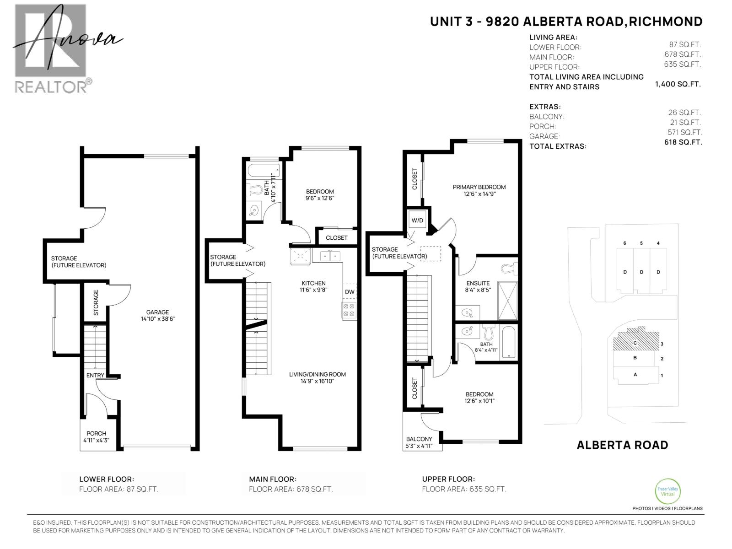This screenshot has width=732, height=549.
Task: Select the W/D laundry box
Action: pos(417,220)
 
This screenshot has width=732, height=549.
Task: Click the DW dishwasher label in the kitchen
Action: pos(350,292)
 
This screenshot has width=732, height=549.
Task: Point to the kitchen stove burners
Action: pos(349,310)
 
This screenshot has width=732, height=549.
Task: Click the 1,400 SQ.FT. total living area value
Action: pos(678,84)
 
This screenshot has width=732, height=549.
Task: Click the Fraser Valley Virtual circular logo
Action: pos(667,492)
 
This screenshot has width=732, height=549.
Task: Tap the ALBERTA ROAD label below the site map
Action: pos(622,445)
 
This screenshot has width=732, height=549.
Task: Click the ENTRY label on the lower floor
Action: pos(95,375)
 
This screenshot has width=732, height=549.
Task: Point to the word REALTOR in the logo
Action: pos(51,87)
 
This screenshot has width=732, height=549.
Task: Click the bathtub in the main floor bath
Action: pos(264,171)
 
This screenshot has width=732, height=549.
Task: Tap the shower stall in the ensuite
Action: pos(507,300)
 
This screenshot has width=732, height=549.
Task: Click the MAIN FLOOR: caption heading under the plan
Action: pos(273,479)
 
